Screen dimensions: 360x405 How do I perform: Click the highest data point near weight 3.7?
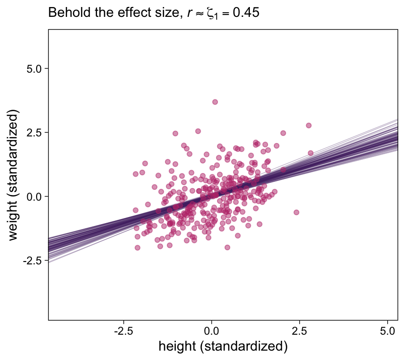click(x=215, y=102)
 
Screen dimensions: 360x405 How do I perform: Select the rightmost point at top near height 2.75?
click(x=308, y=125)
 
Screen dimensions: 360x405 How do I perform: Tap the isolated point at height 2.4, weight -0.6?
click(x=296, y=212)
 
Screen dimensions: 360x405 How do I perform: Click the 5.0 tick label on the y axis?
click(x=33, y=68)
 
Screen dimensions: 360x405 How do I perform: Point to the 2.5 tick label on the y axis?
click(x=33, y=132)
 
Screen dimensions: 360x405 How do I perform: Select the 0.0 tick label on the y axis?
click(x=33, y=196)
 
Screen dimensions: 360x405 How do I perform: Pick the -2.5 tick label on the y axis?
click(x=32, y=260)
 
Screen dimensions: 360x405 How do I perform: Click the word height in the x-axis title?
click(x=178, y=347)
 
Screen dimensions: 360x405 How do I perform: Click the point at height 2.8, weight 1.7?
click(x=310, y=153)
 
